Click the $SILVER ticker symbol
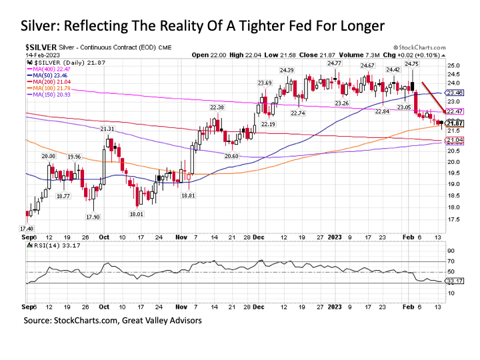click(x=38, y=48)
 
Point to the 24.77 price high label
click(x=335, y=63)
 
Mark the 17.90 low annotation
click(x=93, y=217)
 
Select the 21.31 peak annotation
click(x=107, y=128)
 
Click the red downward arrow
click(x=431, y=97)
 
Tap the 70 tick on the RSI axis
click(x=451, y=261)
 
